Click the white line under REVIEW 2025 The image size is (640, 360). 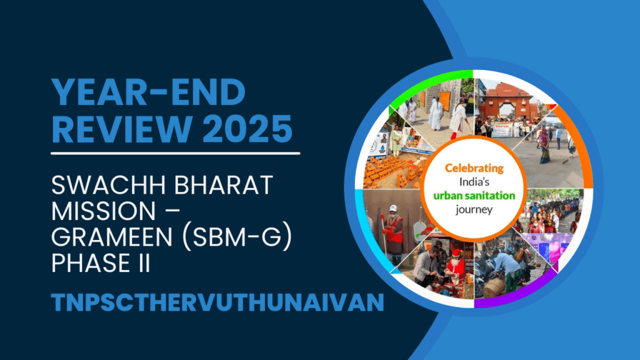point(175,152)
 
